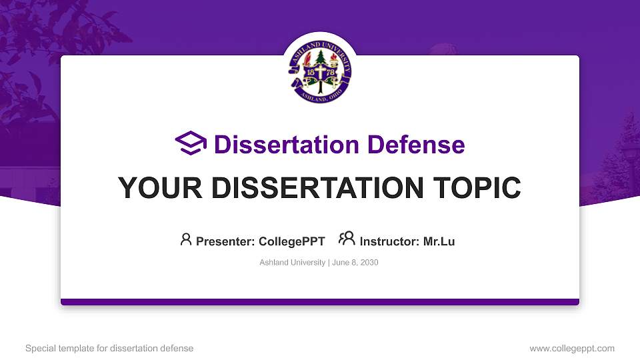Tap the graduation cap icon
point(191,143)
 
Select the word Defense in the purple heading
point(410,145)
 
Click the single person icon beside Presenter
point(186,239)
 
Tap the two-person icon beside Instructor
point(347,239)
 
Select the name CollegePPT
point(291,241)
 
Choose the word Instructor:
point(390,241)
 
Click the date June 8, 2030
point(355,263)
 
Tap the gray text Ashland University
point(292,263)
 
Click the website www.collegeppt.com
point(572,348)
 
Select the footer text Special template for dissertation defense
point(109,348)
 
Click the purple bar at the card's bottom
point(320,302)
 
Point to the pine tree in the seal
point(320,59)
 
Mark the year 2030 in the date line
point(369,263)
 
